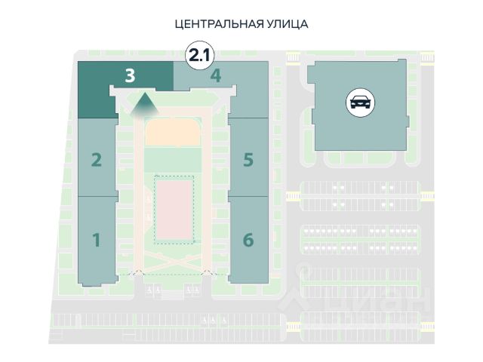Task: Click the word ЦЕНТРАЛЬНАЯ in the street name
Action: [x=219, y=24]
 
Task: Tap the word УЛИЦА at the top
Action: [x=288, y=24]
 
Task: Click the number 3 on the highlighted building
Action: [x=131, y=75]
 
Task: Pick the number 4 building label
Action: [x=216, y=75]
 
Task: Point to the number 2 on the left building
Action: [x=97, y=160]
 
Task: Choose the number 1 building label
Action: [x=97, y=241]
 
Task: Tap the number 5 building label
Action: [x=248, y=160]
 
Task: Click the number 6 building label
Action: [x=248, y=241]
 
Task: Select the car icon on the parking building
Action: [x=358, y=102]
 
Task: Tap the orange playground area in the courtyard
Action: [x=173, y=133]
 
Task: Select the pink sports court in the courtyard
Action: [x=174, y=208]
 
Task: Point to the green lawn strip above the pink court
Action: [x=173, y=160]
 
